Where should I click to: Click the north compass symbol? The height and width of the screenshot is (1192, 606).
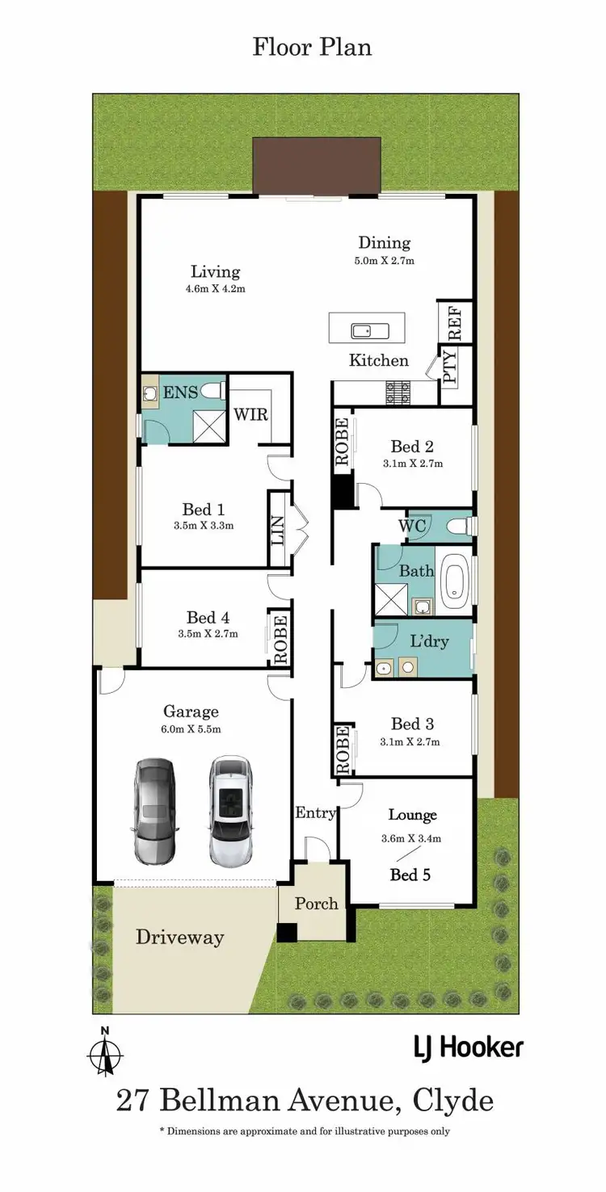(x=105, y=1052)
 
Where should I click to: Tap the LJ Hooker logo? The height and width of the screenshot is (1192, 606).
(x=468, y=1048)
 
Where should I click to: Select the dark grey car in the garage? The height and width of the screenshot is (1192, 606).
(x=154, y=811)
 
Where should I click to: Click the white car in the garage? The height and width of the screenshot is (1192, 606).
(x=230, y=810)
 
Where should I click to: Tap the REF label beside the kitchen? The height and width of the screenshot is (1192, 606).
(x=455, y=322)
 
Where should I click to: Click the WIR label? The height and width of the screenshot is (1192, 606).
(x=250, y=414)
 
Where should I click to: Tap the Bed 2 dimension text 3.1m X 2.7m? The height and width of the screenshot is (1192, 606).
(x=413, y=464)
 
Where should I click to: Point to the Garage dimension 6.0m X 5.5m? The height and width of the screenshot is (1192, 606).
(x=191, y=728)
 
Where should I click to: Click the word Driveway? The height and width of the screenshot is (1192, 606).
(x=179, y=938)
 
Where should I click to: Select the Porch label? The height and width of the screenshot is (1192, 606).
(x=316, y=903)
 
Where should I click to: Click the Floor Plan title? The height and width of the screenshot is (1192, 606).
(x=312, y=47)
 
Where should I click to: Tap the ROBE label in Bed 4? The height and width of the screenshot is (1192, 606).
(x=280, y=640)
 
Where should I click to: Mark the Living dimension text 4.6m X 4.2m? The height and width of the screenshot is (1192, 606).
(x=215, y=288)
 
